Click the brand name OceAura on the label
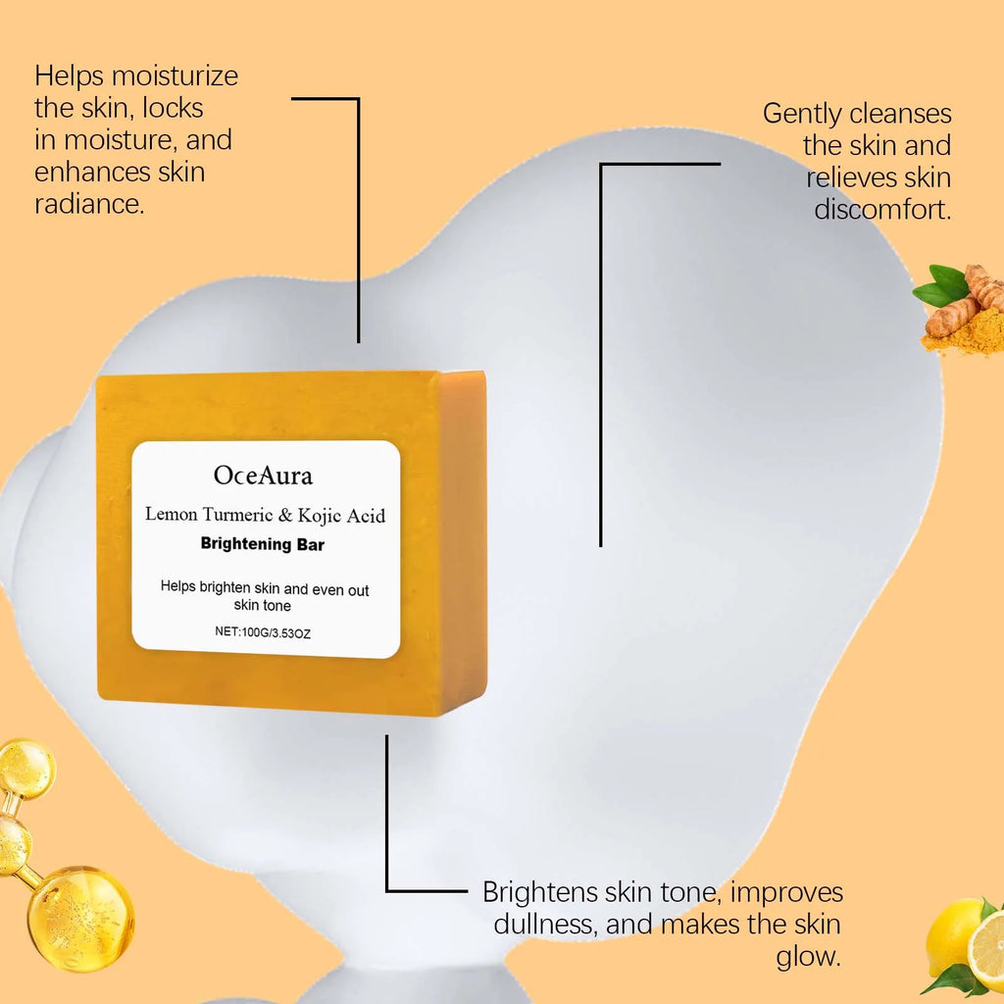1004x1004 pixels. (x=263, y=476)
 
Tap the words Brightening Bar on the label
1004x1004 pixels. (x=262, y=544)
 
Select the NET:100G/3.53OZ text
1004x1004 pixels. (x=263, y=632)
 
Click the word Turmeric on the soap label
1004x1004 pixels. (x=229, y=515)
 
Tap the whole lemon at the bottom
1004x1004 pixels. (x=953, y=936)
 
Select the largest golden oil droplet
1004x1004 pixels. (x=80, y=917)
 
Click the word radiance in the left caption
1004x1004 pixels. (x=88, y=205)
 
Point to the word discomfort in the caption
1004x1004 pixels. (x=882, y=210)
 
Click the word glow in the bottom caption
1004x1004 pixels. (x=809, y=957)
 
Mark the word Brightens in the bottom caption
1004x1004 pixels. (x=542, y=892)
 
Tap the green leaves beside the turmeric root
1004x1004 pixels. (x=939, y=285)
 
